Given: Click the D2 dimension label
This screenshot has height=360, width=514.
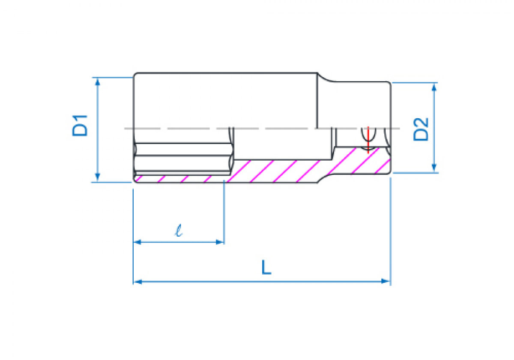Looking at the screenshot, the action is click(421, 129).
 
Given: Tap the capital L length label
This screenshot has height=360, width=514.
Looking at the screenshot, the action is click(266, 267).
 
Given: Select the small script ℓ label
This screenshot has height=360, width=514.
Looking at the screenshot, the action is click(179, 231).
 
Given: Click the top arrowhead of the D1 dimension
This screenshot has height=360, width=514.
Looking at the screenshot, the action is click(98, 82).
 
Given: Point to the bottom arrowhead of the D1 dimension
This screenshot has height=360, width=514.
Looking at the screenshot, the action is click(98, 177).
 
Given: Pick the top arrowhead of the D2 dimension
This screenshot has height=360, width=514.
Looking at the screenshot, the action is click(434, 87).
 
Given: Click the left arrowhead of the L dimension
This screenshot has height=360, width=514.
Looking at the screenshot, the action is click(137, 282).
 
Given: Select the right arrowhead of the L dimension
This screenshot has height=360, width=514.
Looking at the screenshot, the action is click(385, 281).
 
